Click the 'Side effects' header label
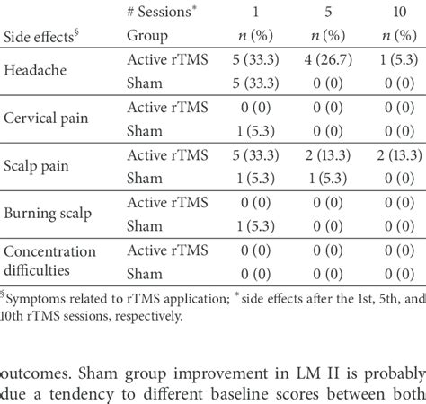pyautogui.click(x=40, y=39)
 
